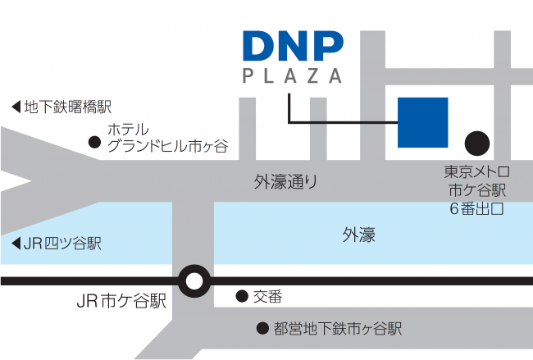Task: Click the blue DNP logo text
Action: [x=293, y=46]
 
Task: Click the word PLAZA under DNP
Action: [x=292, y=75]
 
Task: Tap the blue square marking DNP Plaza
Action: [x=422, y=122]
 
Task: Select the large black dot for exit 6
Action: [x=477, y=144]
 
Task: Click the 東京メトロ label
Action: [x=476, y=171]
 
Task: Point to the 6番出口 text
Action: [x=476, y=208]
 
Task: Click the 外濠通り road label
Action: [x=285, y=182]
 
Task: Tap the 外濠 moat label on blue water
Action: [x=358, y=235]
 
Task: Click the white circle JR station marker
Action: [x=194, y=281]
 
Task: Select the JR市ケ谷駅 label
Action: [x=121, y=301]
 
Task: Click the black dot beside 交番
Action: [x=242, y=296]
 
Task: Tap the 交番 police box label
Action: [x=267, y=297]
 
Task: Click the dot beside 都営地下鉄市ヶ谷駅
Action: [x=262, y=328]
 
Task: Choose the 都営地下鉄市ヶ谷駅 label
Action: [x=338, y=329]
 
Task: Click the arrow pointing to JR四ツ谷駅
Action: [x=16, y=244]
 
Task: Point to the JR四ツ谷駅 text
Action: [x=62, y=244]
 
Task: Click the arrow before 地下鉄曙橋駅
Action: [x=16, y=107]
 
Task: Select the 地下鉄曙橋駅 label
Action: [x=68, y=107]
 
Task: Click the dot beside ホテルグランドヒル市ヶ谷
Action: [x=94, y=142]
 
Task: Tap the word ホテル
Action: [x=128, y=130]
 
